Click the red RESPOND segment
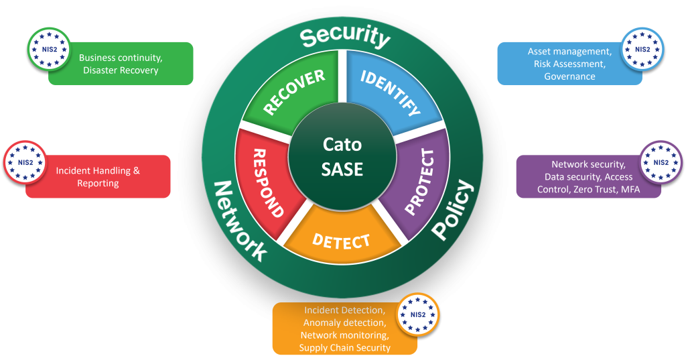(261, 182)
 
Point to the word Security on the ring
(344, 37)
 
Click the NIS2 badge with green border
(48, 49)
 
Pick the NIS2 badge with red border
(25, 162)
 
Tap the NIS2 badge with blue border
(642, 49)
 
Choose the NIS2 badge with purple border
(661, 162)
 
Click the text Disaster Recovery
(121, 70)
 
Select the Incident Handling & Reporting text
(98, 177)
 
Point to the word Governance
(569, 76)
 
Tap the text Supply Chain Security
(344, 347)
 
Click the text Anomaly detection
(344, 322)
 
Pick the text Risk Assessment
(569, 64)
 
